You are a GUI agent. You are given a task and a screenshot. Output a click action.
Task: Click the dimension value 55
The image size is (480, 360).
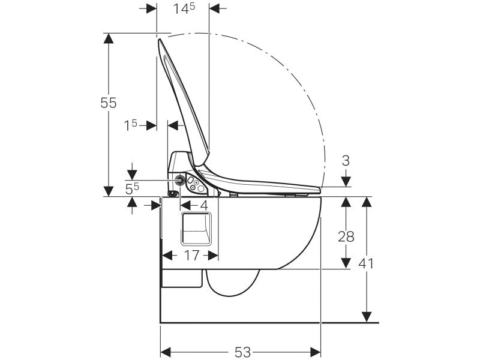[109, 103]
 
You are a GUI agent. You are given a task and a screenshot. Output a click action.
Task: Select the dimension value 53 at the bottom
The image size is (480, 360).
[243, 352]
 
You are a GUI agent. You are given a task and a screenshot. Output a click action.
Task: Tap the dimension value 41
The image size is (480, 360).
[366, 263]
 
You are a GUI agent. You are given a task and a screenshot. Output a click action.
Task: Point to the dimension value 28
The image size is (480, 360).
[346, 236]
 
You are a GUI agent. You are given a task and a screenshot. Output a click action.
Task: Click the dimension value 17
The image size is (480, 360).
[191, 256]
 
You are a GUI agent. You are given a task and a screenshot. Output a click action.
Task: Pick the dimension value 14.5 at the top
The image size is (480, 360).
[184, 8]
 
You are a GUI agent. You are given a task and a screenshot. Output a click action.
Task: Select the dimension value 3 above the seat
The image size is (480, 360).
[346, 161]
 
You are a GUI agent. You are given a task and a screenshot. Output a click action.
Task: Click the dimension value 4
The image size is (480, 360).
[204, 205]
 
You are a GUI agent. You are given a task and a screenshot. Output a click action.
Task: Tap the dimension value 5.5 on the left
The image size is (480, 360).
[132, 189]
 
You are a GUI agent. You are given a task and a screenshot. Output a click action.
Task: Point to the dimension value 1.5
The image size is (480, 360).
[130, 125]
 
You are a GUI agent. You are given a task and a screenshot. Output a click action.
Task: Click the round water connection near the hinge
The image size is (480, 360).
[181, 179]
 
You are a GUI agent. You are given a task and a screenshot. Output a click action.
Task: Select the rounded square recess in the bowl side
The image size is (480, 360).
[196, 229]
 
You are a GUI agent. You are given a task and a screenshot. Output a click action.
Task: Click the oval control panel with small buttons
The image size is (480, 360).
[196, 185]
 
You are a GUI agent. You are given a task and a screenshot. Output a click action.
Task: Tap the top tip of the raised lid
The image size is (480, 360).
[159, 40]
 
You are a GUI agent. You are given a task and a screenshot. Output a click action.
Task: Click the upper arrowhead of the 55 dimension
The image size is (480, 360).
[109, 38]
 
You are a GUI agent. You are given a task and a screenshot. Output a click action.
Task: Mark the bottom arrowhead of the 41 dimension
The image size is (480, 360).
[367, 317]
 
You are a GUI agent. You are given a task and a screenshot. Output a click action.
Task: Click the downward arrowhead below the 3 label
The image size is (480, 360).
[346, 182]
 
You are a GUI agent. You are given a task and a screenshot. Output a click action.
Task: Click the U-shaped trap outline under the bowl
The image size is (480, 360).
[233, 283]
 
